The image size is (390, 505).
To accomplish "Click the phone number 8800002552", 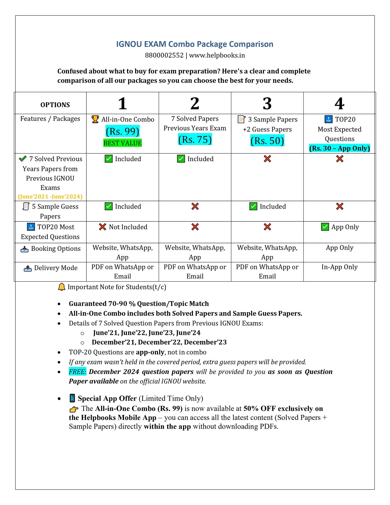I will (x=164, y=55).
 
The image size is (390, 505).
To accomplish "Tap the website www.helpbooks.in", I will (x=217, y=55).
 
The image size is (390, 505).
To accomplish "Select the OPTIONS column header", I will (x=55, y=105).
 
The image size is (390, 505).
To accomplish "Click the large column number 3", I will (x=267, y=103).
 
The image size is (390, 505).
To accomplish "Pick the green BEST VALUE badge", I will (x=123, y=143).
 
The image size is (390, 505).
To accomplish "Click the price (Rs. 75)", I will (x=195, y=140).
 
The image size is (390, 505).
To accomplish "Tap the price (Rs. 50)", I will (x=267, y=141).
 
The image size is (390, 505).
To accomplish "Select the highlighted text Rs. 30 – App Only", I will (x=340, y=148).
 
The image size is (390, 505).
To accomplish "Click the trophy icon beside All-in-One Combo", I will (x=95, y=119).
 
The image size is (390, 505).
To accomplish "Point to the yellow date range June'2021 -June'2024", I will (x=50, y=197).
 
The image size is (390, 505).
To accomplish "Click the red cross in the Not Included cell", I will (x=103, y=227).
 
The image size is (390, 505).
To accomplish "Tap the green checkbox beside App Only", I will (x=325, y=227).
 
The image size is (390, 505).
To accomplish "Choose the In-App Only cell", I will (x=340, y=267).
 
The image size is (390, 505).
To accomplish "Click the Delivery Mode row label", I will (x=56, y=268).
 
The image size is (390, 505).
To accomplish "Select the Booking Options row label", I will (x=56, y=249).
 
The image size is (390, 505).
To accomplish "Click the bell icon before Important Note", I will (x=62, y=287).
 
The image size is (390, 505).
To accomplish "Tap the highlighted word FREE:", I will (x=77, y=372).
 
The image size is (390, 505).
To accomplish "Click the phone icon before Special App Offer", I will (x=72, y=398).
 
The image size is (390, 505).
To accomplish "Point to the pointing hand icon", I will (x=74, y=409).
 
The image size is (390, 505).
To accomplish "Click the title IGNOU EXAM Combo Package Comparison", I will (x=195, y=44).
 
